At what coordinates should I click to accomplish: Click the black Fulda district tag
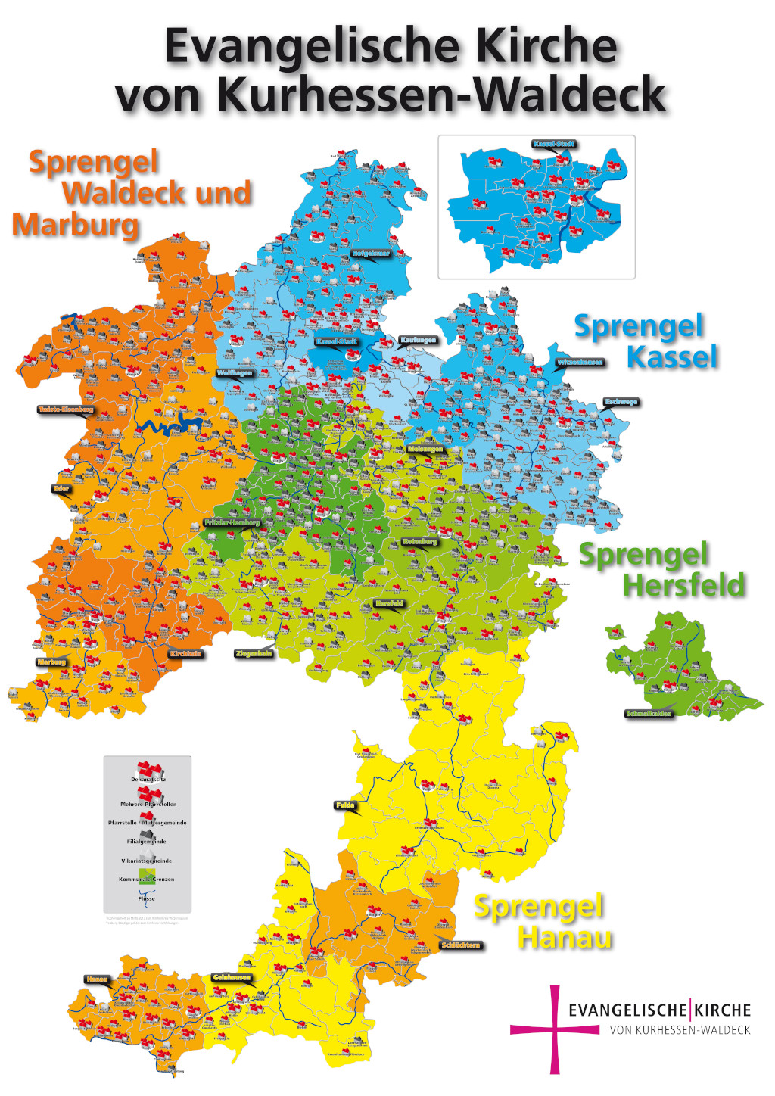344,805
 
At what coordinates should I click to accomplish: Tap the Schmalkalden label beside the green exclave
649,714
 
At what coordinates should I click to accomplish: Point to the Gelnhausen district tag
231,977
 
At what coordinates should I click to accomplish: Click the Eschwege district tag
621,402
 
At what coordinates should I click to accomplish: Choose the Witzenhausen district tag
580,363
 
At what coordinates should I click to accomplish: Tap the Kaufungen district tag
418,341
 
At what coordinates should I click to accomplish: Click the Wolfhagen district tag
234,373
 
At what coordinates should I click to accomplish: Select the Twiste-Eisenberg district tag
66,410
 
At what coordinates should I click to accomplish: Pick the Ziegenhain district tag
254,653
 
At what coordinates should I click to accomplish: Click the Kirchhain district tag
186,653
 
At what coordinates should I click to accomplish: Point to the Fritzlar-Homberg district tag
232,523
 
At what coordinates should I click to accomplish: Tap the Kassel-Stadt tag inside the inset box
554,144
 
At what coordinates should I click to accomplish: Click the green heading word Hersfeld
683,585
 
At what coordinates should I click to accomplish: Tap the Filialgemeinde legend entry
146,841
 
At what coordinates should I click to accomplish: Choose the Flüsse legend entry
146,898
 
